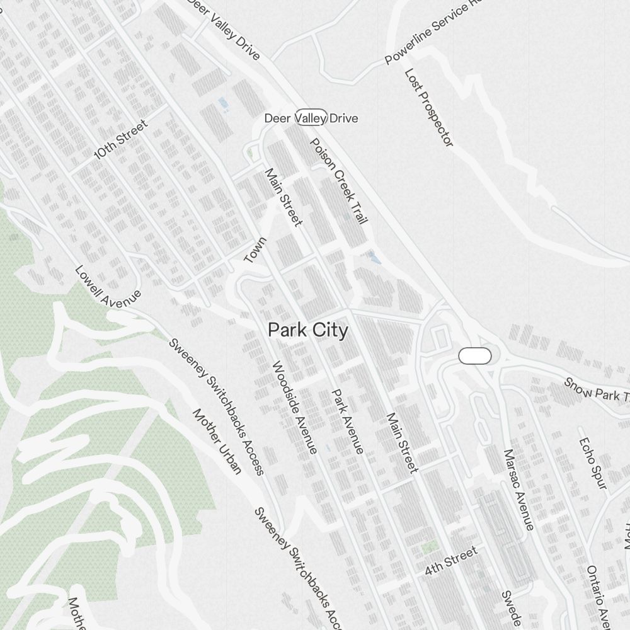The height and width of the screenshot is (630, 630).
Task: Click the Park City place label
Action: (x=307, y=330)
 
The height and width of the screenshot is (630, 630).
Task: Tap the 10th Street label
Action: (x=120, y=139)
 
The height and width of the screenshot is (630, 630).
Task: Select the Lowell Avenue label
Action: (x=108, y=285)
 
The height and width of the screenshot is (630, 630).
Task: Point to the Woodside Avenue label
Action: (x=294, y=408)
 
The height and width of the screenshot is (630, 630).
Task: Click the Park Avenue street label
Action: (x=348, y=421)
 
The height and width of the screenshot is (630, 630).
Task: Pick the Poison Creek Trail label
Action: (x=338, y=181)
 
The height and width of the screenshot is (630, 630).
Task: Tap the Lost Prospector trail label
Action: (x=429, y=108)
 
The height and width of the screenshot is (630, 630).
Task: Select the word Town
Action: (x=256, y=250)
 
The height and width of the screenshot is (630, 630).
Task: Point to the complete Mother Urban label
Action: (x=217, y=441)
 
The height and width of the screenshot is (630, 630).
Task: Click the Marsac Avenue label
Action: (x=518, y=490)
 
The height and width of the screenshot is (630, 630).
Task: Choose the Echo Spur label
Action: (x=592, y=463)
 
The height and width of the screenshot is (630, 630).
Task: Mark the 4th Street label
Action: (x=451, y=561)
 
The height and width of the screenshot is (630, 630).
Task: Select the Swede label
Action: (x=511, y=608)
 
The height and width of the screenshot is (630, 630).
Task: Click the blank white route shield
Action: (x=475, y=356)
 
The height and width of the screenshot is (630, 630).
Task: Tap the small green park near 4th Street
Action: (x=430, y=547)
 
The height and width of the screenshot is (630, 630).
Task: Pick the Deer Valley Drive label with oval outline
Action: (x=311, y=118)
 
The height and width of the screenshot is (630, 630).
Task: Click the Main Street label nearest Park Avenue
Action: (x=402, y=442)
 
